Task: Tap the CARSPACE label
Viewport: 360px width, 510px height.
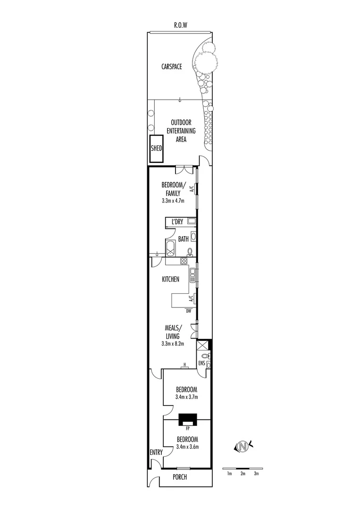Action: coord(172,67)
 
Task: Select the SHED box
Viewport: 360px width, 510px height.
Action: coord(156,148)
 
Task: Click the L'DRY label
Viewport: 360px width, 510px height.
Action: coord(177,221)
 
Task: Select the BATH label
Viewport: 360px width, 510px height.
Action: coord(183,239)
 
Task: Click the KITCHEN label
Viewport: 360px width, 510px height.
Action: coord(170,280)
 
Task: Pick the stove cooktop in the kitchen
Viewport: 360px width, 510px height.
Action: coord(184,260)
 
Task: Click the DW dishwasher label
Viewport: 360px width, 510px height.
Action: coord(188,311)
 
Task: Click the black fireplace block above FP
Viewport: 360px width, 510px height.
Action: coord(188,419)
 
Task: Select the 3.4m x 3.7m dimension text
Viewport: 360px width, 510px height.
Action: coord(186,397)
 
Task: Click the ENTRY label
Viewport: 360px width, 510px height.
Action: coord(156,452)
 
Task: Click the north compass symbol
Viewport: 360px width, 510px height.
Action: coord(243,446)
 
